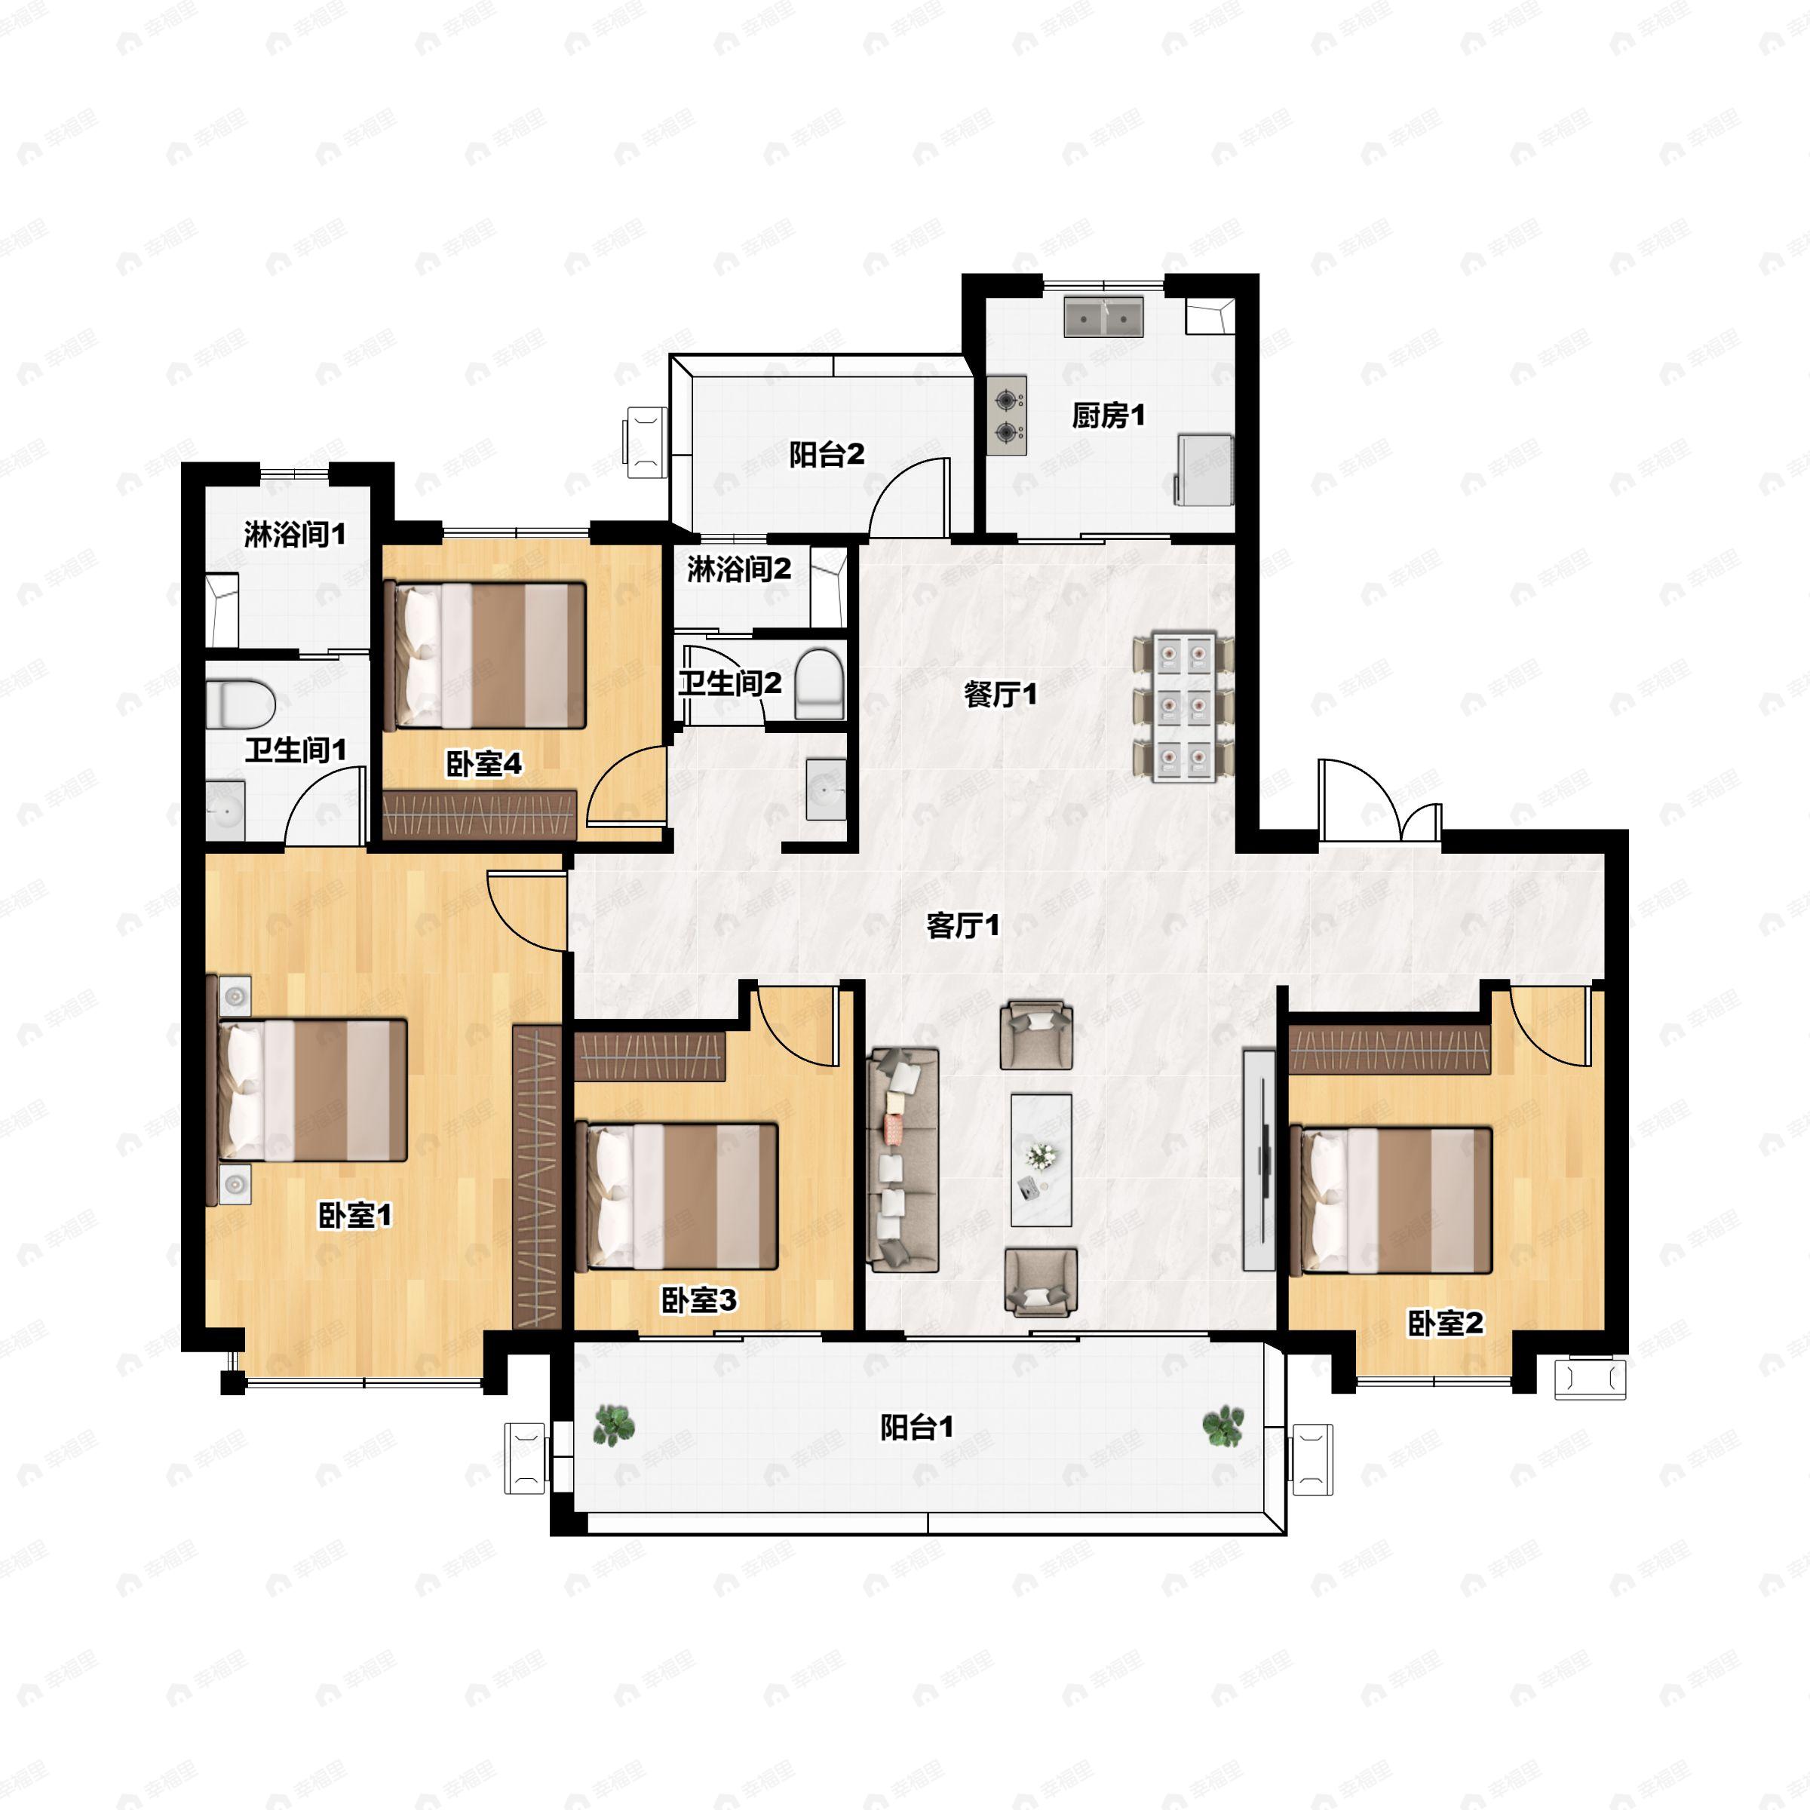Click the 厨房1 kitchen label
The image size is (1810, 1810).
1109,415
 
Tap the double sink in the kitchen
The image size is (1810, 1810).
1103,318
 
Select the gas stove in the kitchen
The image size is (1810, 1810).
1007,415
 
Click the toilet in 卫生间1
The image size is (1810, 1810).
240,704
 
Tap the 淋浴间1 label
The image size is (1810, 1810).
295,535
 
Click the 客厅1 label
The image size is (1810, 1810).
963,925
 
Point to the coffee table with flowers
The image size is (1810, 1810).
1041,1160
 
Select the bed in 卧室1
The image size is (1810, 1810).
308,1091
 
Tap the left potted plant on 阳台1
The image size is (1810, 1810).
615,1425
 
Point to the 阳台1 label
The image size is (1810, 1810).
917,1428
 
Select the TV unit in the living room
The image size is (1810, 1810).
1260,1160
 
